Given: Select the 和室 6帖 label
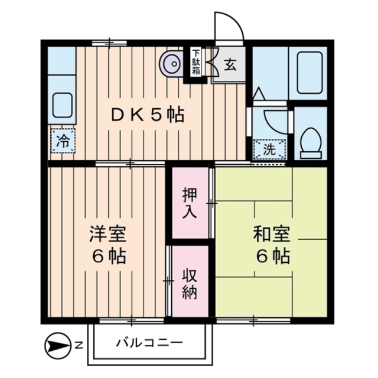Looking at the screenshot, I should (271, 245).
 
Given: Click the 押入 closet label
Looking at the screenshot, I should (190, 204).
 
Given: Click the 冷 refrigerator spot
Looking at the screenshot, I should (62, 141).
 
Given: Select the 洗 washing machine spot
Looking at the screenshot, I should (269, 149).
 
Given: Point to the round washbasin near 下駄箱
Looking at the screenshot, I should (172, 63).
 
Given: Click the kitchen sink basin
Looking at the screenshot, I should (62, 105).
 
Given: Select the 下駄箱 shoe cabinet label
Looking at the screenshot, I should (195, 63).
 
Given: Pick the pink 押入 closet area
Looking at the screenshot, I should (190, 204).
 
